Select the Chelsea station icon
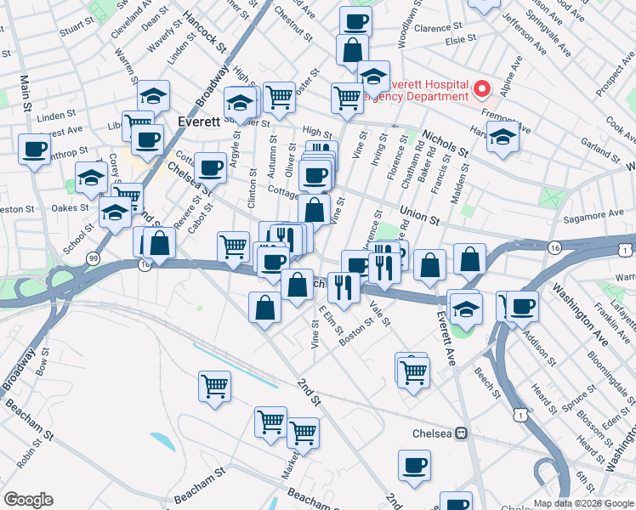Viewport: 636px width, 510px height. [462, 433]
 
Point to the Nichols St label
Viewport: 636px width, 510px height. [445, 144]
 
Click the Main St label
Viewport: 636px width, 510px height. [26, 93]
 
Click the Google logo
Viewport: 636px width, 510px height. [28, 500]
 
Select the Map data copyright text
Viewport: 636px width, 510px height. [583, 503]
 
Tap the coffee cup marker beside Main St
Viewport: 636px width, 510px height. [35, 150]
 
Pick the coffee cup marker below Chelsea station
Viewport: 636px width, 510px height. [415, 465]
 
